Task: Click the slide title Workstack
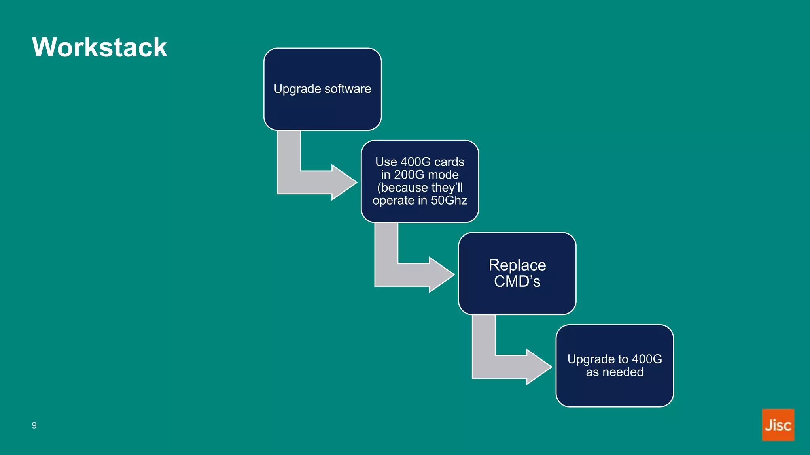click(99, 47)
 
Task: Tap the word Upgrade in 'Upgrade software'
click(291, 89)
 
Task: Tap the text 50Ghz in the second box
click(449, 200)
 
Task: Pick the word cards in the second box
click(449, 162)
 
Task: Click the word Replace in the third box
click(517, 265)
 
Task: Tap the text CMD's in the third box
click(517, 282)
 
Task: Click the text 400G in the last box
click(647, 359)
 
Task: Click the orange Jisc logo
click(778, 425)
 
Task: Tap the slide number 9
click(34, 425)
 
